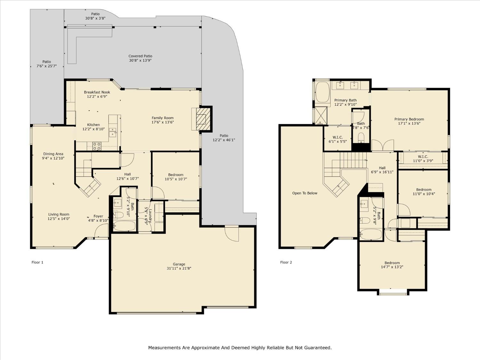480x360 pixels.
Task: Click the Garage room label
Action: tap(179, 264)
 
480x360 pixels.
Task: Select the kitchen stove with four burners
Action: tap(97, 146)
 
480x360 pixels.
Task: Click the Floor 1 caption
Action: tap(37, 262)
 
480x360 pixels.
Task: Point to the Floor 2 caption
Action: tap(286, 262)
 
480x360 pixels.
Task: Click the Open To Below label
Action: tap(305, 193)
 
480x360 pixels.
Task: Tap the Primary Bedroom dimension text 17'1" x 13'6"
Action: tap(409, 123)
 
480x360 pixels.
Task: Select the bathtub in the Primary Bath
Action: tap(322, 92)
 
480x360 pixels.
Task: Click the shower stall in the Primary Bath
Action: tap(321, 116)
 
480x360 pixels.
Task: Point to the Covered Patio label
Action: tap(140, 56)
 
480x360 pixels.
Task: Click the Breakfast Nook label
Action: tap(97, 92)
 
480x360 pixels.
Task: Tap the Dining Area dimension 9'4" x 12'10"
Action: tap(53, 158)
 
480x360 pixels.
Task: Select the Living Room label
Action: tap(59, 214)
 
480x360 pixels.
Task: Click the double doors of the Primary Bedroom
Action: tap(383, 145)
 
